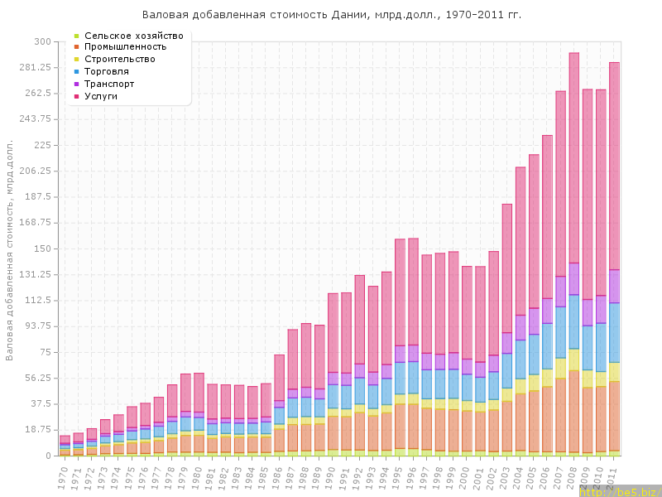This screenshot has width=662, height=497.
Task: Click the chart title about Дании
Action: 332,15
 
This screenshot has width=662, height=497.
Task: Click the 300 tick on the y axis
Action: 41,41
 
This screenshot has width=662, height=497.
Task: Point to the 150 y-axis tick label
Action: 41,248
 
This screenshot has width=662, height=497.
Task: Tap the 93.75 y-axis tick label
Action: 37,326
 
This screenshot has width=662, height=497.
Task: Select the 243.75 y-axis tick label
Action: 35,119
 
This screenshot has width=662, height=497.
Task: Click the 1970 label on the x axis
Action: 65,476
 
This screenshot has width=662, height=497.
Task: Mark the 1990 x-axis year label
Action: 333,476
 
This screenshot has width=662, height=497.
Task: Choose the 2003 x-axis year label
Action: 507,476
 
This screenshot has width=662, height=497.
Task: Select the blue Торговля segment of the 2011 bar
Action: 615,332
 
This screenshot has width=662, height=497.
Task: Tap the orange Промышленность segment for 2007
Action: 561,414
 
